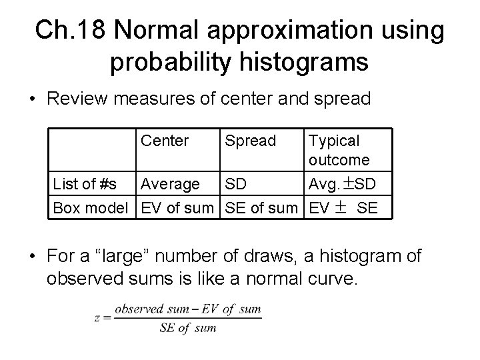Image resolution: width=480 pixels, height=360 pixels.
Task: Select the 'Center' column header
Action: (165, 141)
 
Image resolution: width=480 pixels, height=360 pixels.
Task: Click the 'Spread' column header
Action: (250, 141)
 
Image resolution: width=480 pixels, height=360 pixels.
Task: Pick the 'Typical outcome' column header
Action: (339, 150)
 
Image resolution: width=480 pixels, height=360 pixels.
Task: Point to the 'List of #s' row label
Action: (85, 183)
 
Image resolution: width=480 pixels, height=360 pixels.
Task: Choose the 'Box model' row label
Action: (91, 207)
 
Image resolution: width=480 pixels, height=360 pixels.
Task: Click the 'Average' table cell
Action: (170, 183)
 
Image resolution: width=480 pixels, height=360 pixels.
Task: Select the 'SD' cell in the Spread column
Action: (235, 183)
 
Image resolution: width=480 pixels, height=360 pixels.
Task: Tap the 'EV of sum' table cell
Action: (177, 207)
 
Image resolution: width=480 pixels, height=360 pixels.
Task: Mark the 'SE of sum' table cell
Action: (261, 207)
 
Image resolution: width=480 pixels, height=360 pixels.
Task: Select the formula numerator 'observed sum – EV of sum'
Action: (187, 309)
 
